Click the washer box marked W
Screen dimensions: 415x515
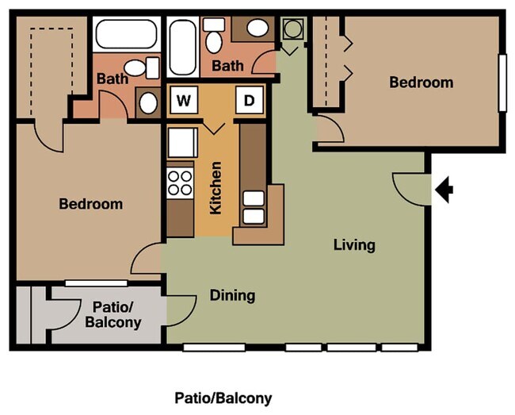(184, 101)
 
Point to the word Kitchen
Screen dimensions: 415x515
(216, 188)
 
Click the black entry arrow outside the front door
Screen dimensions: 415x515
(445, 190)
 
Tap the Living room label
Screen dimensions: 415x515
(353, 244)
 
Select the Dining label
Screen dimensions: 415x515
(232, 296)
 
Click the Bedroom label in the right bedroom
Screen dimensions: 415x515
(421, 83)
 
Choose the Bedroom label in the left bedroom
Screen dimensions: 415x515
(91, 204)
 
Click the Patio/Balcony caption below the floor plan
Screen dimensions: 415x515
(223, 398)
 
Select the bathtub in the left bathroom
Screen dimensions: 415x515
(127, 34)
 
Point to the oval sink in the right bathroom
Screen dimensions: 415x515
(257, 29)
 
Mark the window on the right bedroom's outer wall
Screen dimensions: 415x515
(502, 83)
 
